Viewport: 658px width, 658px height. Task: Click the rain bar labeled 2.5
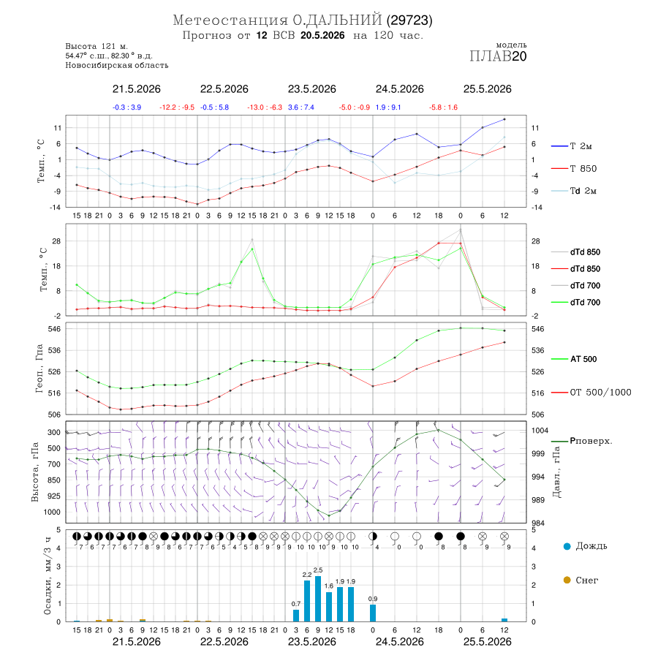tap(318, 599)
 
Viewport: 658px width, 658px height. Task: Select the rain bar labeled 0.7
tap(296, 616)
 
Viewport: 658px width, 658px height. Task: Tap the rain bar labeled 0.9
tap(373, 613)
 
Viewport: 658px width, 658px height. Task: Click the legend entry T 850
tap(574, 169)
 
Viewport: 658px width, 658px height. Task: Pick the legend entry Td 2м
tap(574, 191)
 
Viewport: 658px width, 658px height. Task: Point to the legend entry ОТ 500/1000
tap(591, 393)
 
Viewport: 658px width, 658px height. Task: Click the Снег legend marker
tap(567, 580)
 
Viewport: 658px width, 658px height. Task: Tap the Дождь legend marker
tap(567, 546)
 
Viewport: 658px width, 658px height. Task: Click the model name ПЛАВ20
tap(498, 56)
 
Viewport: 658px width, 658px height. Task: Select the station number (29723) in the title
tap(409, 20)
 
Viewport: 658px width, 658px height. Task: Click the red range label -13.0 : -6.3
tap(265, 107)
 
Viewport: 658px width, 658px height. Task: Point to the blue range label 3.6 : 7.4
tap(301, 107)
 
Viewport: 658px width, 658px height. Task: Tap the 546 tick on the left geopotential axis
tap(56, 329)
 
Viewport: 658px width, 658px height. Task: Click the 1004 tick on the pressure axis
tap(540, 431)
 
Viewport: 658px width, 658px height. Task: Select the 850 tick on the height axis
tap(54, 480)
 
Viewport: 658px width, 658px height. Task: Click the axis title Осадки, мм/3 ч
tap(48, 576)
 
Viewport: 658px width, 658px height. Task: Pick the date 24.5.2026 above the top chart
tap(399, 89)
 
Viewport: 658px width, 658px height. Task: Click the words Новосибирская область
tap(117, 65)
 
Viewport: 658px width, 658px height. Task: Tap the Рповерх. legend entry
tap(582, 441)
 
